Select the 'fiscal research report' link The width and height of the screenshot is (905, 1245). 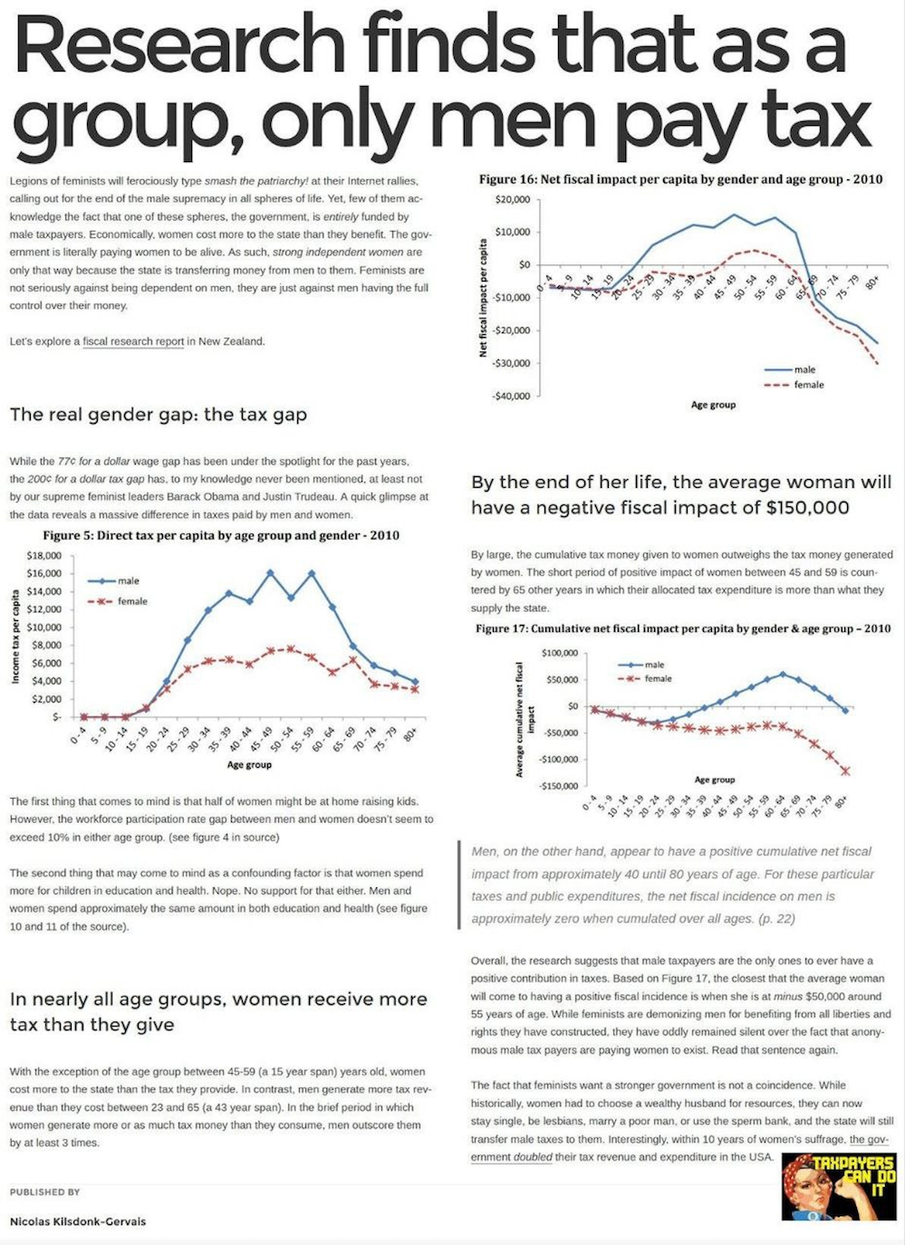(x=133, y=341)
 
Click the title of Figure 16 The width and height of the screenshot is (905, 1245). (x=680, y=179)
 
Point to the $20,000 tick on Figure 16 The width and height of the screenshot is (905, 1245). (x=512, y=199)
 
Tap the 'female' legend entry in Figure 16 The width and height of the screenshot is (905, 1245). (x=808, y=385)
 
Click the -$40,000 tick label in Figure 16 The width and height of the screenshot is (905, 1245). (x=510, y=397)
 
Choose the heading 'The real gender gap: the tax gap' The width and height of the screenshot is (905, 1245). (x=159, y=415)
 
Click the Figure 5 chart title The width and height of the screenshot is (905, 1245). (x=221, y=535)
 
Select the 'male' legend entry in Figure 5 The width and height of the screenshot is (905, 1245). (x=128, y=580)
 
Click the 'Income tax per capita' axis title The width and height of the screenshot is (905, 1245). (x=15, y=636)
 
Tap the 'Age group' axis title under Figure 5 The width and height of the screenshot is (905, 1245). (x=249, y=765)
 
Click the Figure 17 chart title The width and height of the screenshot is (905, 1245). (x=683, y=628)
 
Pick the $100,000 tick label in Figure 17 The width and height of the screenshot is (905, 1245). (x=559, y=653)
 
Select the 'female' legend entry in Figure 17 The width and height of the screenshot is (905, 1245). (x=658, y=678)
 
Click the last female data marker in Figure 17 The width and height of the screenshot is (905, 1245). (x=845, y=771)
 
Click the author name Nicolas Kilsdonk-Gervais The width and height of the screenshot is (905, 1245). (x=78, y=1221)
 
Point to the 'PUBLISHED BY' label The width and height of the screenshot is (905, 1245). (x=45, y=1192)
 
